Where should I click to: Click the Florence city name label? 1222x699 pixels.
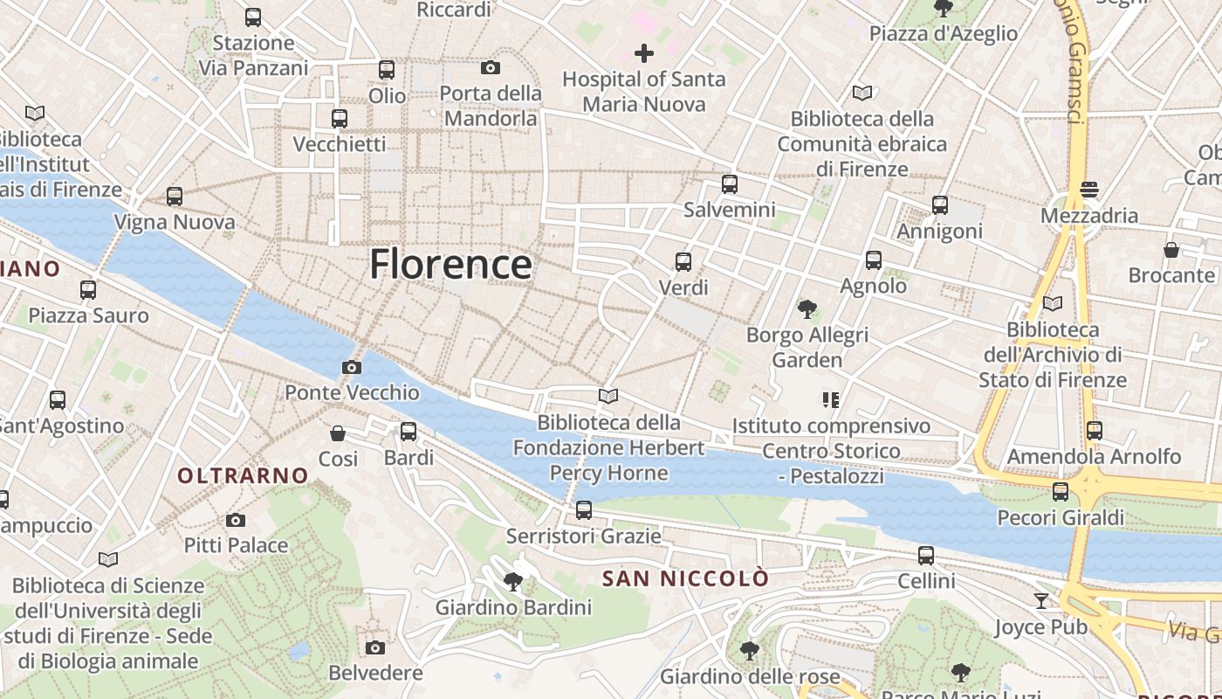point(450,264)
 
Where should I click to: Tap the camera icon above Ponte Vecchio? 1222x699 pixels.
point(352,367)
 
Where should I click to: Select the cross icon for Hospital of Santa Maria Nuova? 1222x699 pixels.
point(644,53)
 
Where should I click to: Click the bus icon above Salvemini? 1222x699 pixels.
point(730,184)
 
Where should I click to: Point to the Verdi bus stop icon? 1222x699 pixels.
point(683,261)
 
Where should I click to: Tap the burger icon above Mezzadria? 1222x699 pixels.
point(1088,189)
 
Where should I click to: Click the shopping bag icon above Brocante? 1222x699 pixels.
point(1171,250)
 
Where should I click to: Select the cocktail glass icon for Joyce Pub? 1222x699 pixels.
point(1041,600)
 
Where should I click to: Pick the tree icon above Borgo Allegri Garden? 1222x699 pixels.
point(807,308)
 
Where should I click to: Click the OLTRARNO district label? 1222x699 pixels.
point(243,475)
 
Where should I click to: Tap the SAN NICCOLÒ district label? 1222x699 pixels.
point(686,578)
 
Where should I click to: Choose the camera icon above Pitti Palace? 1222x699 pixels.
point(236,520)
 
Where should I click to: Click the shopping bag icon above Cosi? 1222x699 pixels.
point(338,433)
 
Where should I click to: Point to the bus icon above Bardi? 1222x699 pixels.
point(408,431)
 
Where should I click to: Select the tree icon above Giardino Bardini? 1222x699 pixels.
point(513,581)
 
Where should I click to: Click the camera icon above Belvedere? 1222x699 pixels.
point(375,647)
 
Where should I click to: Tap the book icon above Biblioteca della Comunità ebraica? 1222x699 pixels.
point(862,93)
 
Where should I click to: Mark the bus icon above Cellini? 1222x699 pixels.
point(926,555)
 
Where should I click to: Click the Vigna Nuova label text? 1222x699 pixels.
point(175,222)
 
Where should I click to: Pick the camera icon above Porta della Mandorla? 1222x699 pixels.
point(491,67)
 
